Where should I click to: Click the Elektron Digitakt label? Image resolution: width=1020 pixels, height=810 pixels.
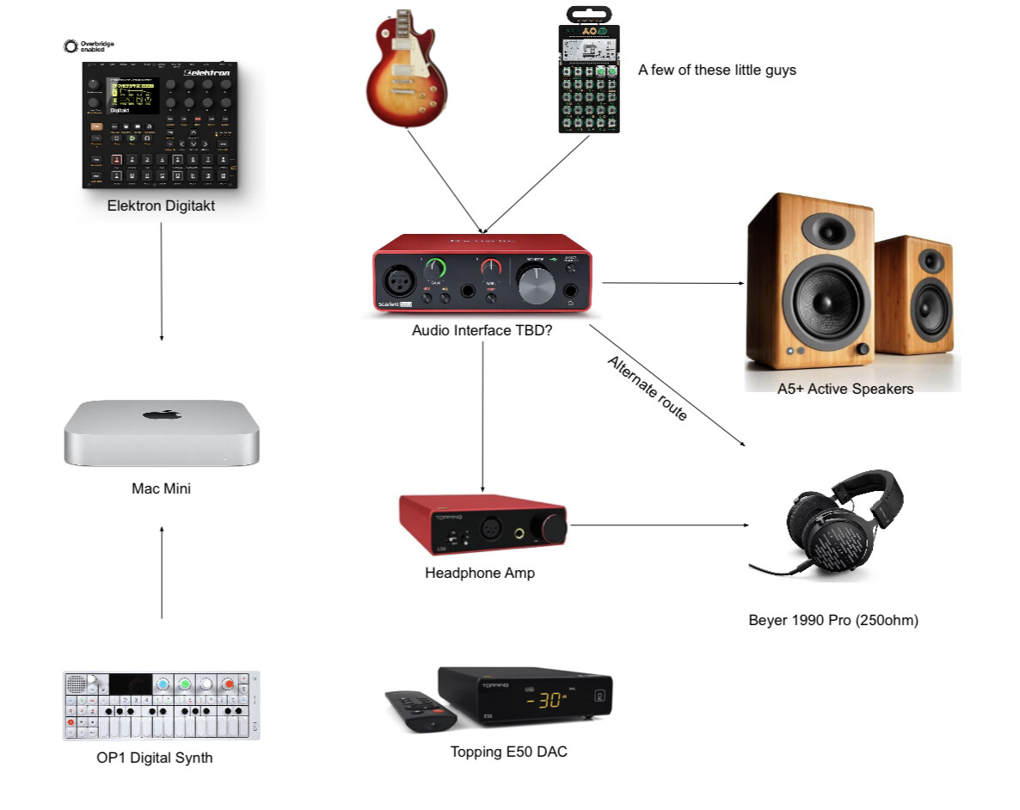click(x=161, y=206)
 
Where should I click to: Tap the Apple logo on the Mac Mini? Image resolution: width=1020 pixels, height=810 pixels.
click(x=162, y=415)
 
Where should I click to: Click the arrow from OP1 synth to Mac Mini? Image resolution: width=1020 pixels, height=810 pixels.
click(x=162, y=572)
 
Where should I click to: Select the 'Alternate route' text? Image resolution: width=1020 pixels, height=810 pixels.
click(x=648, y=388)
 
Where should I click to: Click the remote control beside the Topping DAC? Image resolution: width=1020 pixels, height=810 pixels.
click(x=421, y=710)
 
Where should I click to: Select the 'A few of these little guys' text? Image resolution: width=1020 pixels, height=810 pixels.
click(x=716, y=71)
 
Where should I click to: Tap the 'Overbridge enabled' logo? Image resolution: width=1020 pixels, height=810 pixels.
click(x=89, y=46)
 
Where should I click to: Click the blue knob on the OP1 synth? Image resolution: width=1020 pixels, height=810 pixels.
click(x=162, y=685)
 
